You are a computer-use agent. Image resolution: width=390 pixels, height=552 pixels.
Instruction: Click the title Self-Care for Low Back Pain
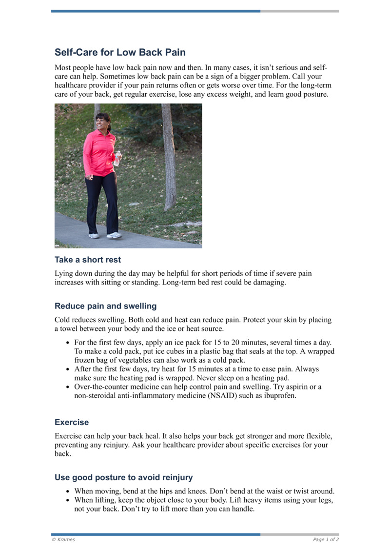coord(120,52)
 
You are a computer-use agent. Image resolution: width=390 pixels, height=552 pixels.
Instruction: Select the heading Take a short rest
coord(87,260)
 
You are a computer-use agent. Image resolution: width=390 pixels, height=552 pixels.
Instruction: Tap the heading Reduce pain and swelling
coord(105,306)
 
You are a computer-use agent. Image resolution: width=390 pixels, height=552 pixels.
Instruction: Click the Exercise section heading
coord(72,422)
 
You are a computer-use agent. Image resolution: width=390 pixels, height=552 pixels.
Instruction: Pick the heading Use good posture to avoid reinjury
coord(124,477)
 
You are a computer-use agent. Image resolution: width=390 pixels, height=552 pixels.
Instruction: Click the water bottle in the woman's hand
coord(117,158)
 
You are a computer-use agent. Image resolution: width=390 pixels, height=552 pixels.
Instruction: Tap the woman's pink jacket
coord(99,154)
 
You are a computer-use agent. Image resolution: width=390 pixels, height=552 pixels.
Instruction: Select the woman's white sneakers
coord(105,235)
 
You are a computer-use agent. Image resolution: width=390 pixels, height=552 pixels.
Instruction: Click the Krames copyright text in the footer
coord(63,539)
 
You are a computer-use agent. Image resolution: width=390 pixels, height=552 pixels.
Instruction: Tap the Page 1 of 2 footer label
coord(326,539)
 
